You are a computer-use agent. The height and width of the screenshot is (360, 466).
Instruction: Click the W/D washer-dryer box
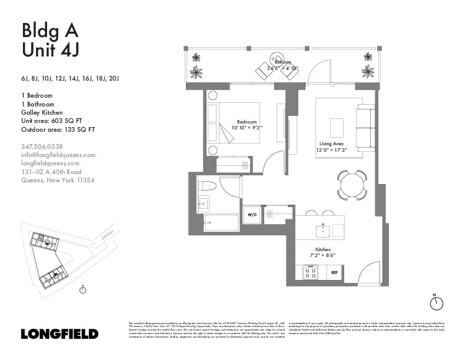pos(251,215)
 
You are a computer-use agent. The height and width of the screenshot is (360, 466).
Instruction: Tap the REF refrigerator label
pos(334,272)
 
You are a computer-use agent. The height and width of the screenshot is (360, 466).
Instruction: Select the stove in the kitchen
pos(310,272)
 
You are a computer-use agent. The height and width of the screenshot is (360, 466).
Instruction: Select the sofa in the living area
pos(365,127)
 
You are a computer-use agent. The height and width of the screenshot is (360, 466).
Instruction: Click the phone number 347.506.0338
pos(42,146)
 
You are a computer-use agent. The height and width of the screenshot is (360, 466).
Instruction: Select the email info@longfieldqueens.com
pos(58,155)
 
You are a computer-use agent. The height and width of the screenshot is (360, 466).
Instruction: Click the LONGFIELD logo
pos(59,334)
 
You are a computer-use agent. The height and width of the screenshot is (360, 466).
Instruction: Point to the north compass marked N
pos(436,302)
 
